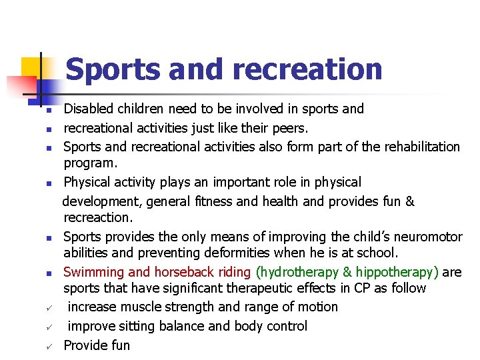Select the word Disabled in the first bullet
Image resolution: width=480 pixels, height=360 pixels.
pos(89,109)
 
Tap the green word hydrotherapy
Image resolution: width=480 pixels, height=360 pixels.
pos(298,272)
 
